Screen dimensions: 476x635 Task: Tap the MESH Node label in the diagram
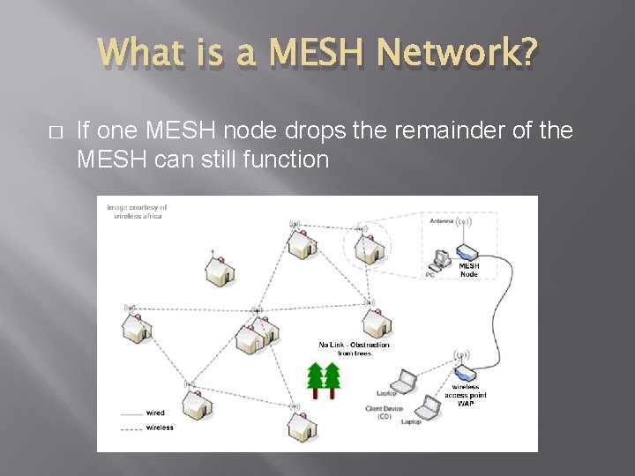point(469,269)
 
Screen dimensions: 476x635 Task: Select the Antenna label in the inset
point(441,221)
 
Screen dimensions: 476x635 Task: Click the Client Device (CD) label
point(385,413)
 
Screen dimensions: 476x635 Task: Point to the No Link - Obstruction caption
point(354,349)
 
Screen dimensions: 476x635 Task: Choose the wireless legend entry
point(160,428)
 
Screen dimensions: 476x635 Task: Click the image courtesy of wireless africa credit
point(137,212)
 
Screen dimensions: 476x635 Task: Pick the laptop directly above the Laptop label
point(404,382)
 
